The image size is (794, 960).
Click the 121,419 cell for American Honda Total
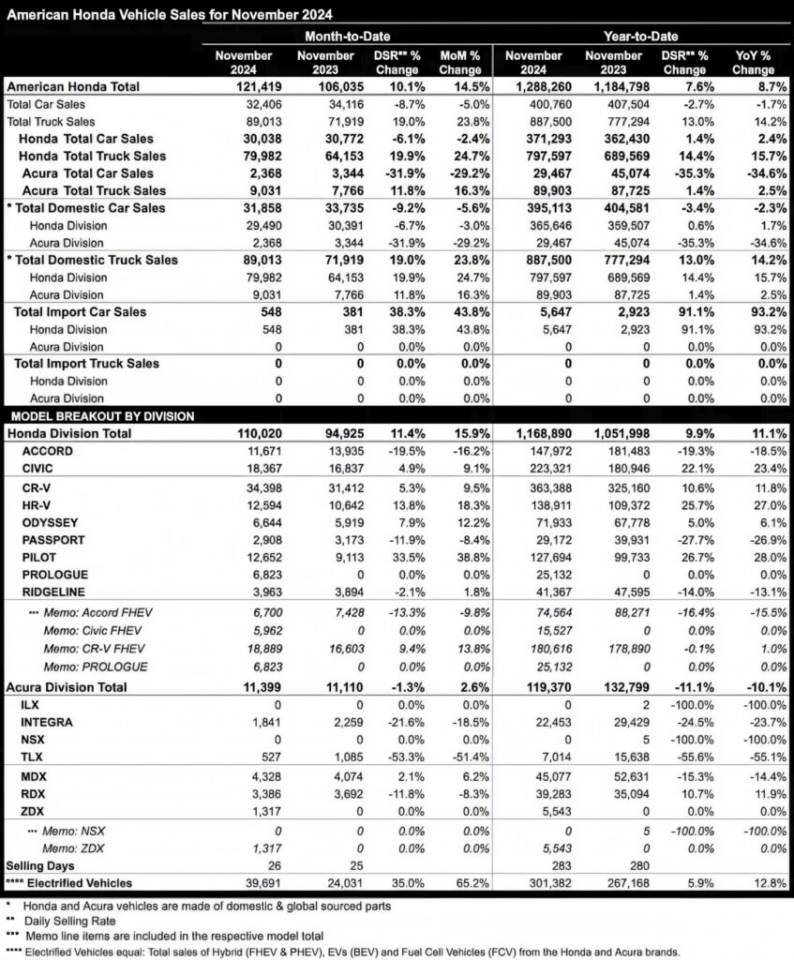(245, 86)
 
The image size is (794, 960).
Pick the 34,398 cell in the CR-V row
(248, 488)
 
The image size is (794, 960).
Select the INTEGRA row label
(48, 723)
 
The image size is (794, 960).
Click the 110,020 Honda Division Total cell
(247, 434)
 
